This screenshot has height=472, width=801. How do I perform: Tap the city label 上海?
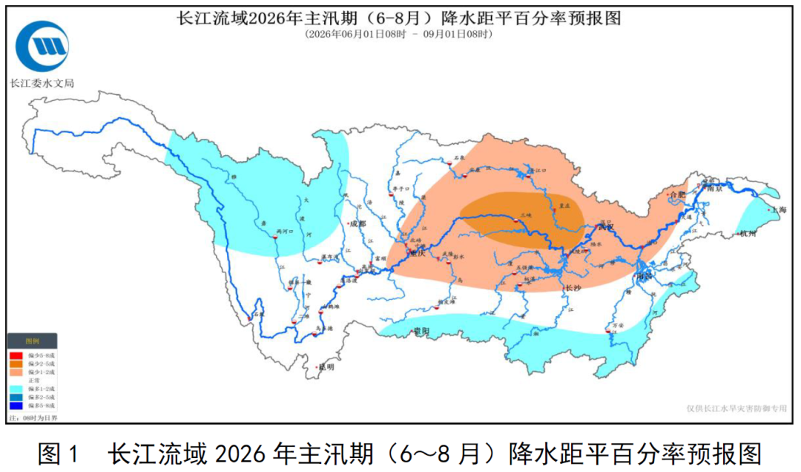[x=777, y=210]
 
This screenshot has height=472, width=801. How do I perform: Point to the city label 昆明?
[x=326, y=367]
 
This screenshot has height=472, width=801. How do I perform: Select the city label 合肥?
[x=676, y=194]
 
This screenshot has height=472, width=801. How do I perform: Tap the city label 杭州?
[x=748, y=235]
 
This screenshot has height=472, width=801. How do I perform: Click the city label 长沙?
[x=573, y=287]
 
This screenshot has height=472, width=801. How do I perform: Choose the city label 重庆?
[x=418, y=254]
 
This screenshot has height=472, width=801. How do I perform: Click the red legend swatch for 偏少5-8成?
[x=16, y=355]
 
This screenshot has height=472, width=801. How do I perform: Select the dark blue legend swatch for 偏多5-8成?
[x=16, y=406]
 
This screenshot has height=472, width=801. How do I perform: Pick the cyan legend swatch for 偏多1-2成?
[x=16, y=389]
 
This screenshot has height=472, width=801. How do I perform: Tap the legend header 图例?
[x=32, y=341]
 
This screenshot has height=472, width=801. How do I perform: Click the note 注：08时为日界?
[x=32, y=419]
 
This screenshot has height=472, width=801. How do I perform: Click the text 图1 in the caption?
[x=58, y=453]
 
